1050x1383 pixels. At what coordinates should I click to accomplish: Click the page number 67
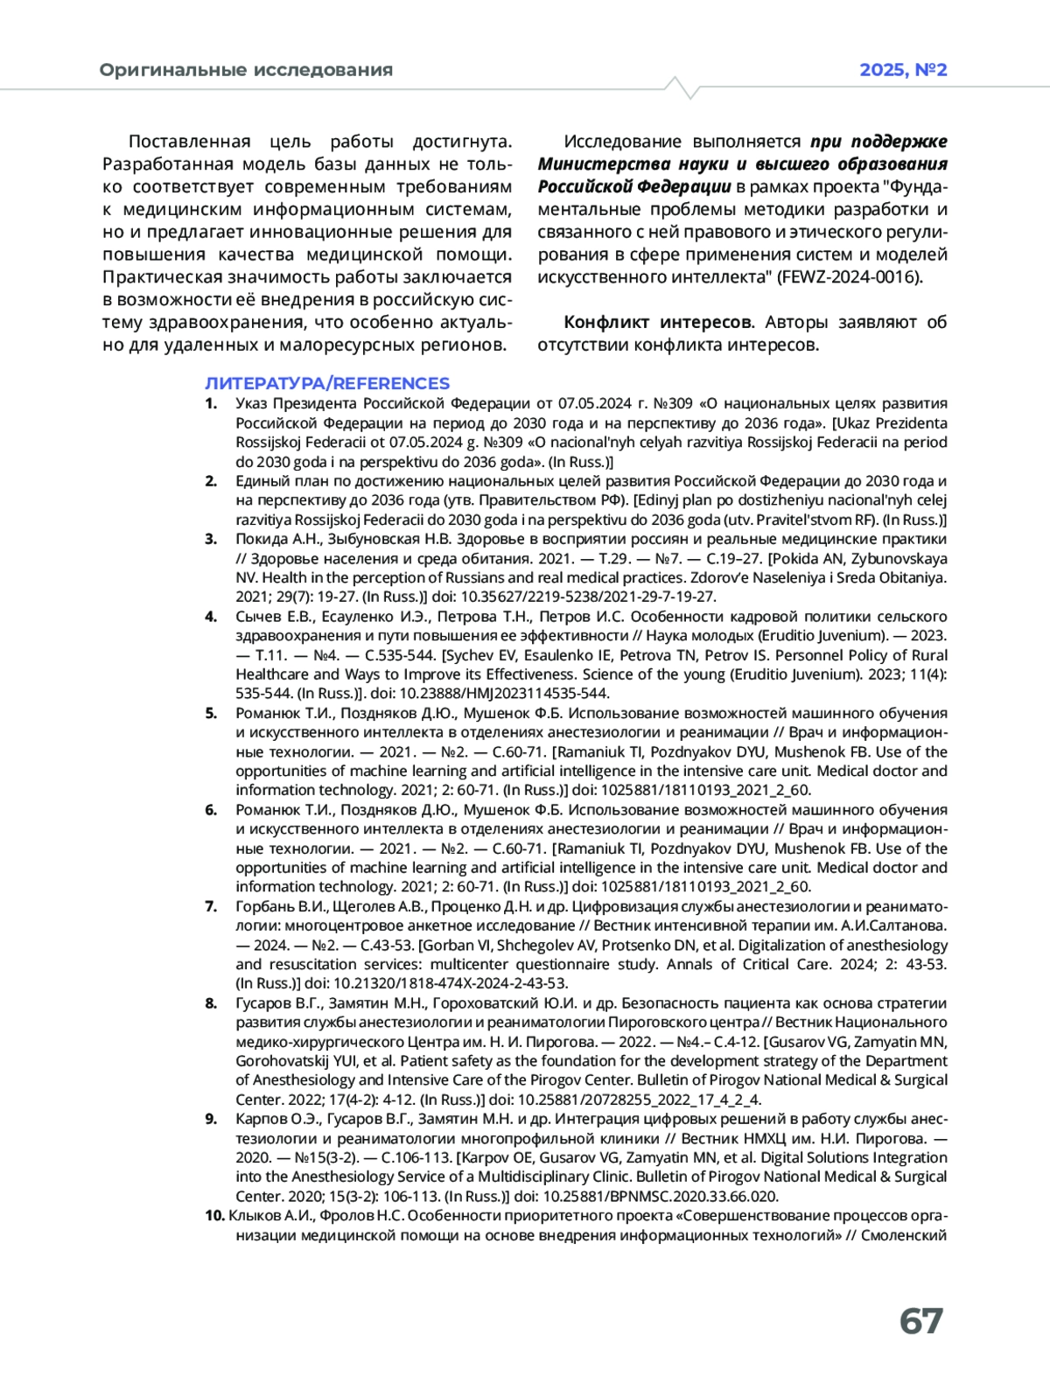[x=920, y=1321]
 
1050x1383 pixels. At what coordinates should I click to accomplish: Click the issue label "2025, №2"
[x=903, y=70]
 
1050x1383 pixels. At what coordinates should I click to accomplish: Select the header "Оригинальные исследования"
[x=246, y=70]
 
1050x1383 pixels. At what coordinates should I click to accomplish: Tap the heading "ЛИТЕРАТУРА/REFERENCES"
[x=327, y=383]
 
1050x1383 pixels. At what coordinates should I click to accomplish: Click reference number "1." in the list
[x=211, y=403]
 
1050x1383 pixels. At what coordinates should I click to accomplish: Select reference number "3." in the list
[x=211, y=539]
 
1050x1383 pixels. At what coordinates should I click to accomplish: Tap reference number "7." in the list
[x=211, y=906]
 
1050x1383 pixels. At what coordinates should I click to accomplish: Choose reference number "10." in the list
[x=214, y=1215]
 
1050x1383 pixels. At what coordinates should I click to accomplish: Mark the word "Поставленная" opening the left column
[x=189, y=142]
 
